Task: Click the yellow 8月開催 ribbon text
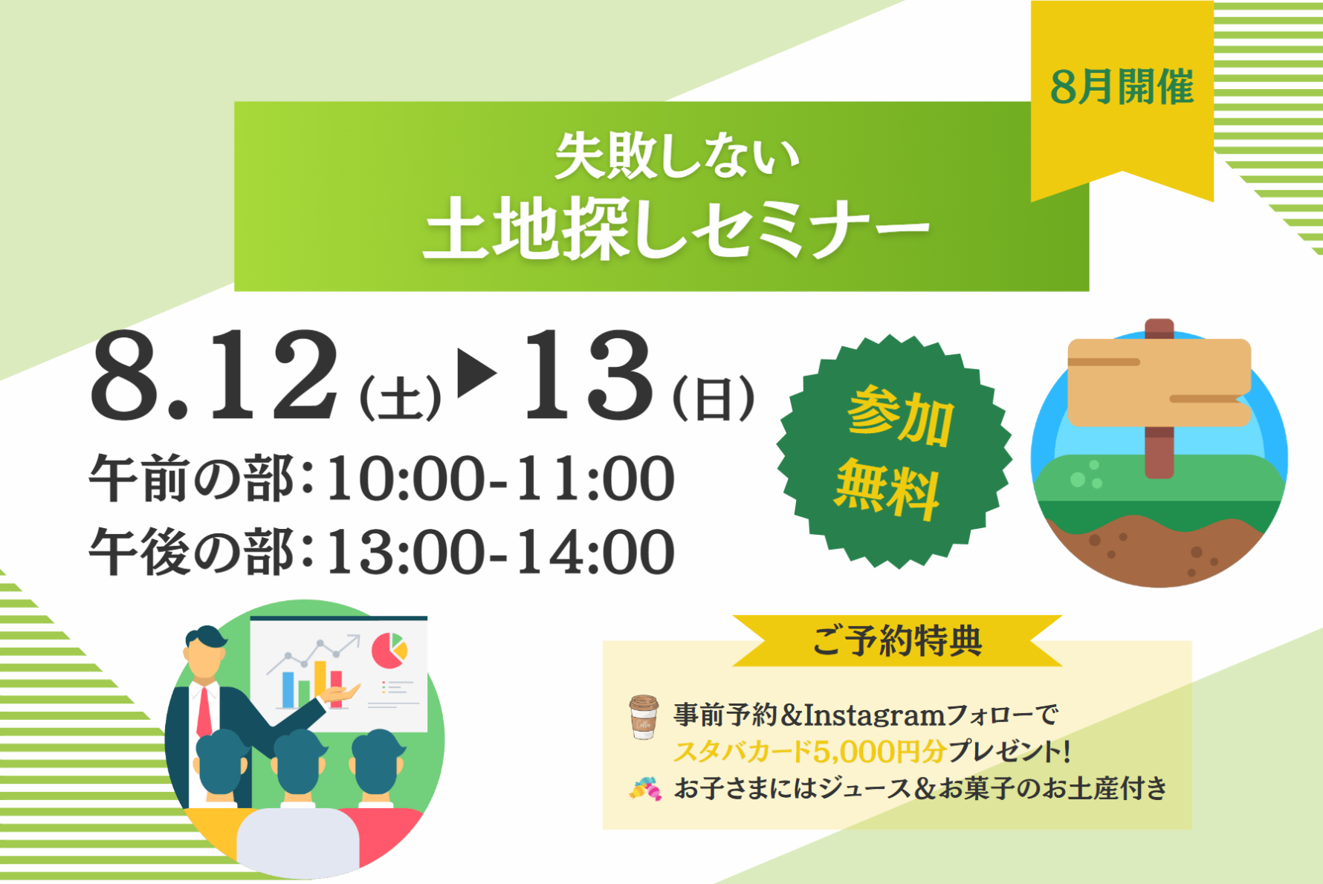[x=1122, y=88]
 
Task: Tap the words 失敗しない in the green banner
[x=676, y=156]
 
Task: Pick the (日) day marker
[x=714, y=400]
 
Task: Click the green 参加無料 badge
[x=894, y=452]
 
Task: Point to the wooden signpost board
[x=1158, y=381]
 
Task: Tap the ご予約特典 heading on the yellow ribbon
[x=897, y=641]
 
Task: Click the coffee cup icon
[x=644, y=717]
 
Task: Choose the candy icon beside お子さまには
[x=645, y=789]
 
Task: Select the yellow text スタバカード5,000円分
[x=809, y=752]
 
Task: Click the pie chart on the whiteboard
[x=389, y=651]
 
